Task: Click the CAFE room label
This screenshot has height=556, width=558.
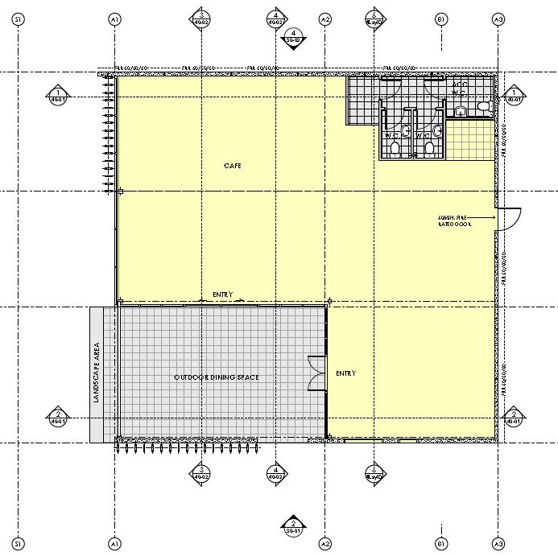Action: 232,166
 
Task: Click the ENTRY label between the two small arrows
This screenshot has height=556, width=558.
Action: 222,294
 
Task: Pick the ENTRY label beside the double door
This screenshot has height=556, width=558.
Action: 345,373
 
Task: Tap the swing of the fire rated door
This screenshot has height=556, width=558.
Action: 510,218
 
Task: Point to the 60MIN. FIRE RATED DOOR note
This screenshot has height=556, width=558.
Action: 453,221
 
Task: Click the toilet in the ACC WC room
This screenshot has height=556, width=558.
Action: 483,106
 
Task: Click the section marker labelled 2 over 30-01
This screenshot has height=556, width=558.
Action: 293,525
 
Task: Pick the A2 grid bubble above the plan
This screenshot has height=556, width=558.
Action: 325,19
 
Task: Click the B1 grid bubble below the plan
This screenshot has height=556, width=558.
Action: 440,540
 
